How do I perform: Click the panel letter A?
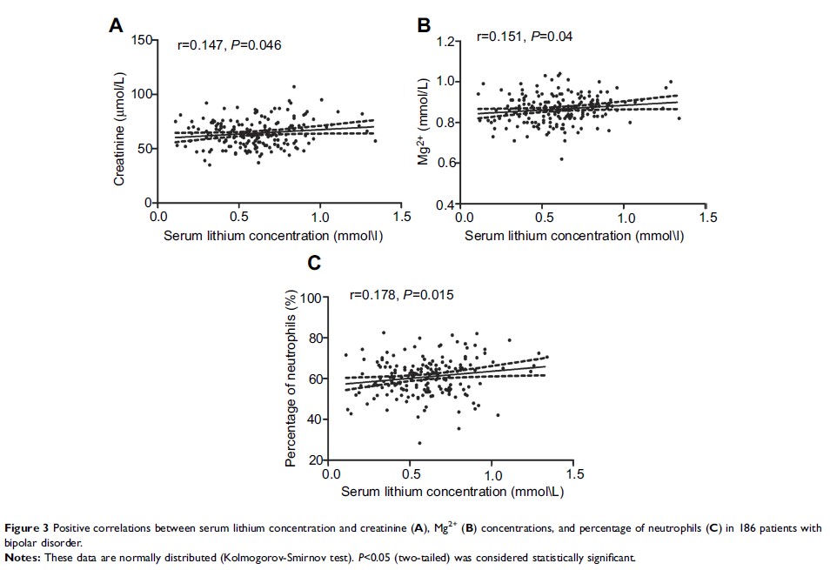click(x=115, y=26)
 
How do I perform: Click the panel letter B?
click(x=425, y=26)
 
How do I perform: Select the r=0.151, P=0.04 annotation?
click(x=524, y=37)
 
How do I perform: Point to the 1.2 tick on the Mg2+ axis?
click(x=446, y=41)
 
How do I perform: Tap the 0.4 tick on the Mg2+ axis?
click(x=446, y=205)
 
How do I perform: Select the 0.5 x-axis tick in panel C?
click(x=412, y=475)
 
